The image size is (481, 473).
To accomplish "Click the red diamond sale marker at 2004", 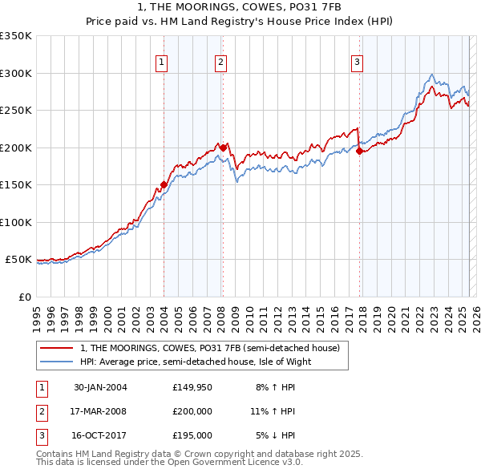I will [x=164, y=184].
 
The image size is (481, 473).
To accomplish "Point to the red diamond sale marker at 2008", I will [x=223, y=148].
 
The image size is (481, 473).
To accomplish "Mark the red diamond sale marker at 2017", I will [x=359, y=151].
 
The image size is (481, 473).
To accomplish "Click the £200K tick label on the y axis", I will [x=16, y=148].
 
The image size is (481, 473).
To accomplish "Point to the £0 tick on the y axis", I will [x=24, y=297].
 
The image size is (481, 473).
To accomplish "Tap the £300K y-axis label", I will [x=16, y=73].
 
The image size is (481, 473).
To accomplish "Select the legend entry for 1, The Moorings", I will [x=210, y=348].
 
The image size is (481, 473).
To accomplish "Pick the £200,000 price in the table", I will [x=192, y=411].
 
